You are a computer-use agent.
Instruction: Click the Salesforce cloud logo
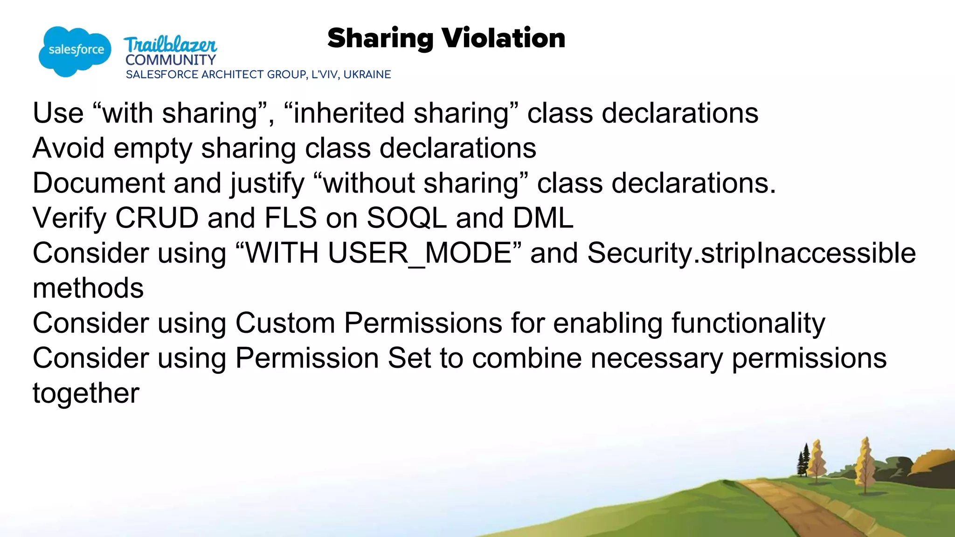pos(75,51)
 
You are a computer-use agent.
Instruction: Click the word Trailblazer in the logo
pos(170,45)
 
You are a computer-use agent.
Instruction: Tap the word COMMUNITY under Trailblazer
pos(171,60)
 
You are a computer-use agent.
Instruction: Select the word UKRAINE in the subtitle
pos(367,75)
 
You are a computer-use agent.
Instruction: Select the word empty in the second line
pos(152,148)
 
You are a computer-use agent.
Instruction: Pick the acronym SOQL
pos(407,218)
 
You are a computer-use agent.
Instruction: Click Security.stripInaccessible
pos(751,253)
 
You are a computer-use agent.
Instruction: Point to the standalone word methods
pos(88,288)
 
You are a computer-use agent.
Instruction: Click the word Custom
pos(285,323)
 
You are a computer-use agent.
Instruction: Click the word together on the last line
pos(86,393)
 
